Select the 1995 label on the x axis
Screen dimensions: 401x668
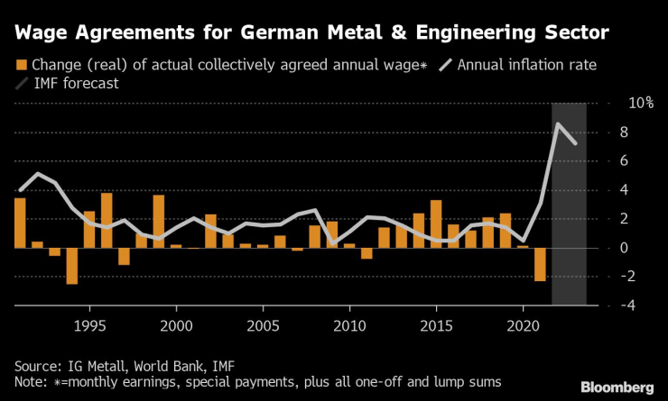[x=88, y=324]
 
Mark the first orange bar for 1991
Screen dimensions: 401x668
[x=20, y=223]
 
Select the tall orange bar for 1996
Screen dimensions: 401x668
[x=107, y=220]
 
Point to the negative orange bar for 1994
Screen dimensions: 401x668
[x=71, y=266]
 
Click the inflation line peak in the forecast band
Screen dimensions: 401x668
[x=559, y=123]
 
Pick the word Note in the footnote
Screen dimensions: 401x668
[x=30, y=381]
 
